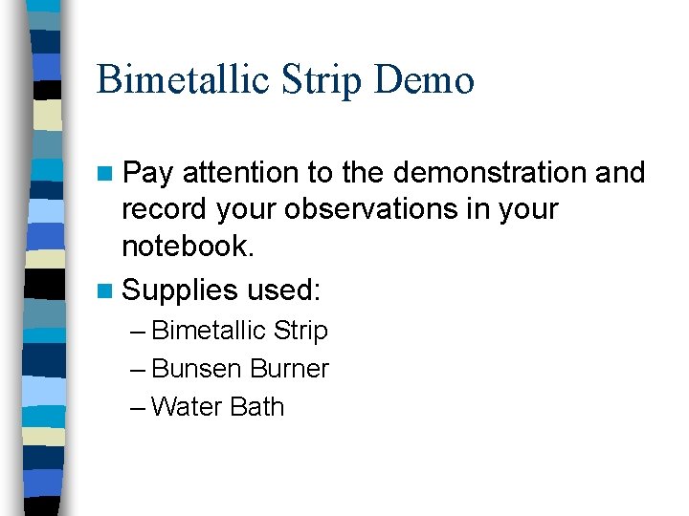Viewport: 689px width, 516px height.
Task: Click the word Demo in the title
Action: point(424,80)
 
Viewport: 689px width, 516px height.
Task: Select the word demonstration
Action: point(491,173)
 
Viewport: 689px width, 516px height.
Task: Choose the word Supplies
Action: point(180,290)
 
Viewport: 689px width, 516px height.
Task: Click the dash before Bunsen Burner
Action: point(138,370)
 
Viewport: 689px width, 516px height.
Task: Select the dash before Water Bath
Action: point(138,408)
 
